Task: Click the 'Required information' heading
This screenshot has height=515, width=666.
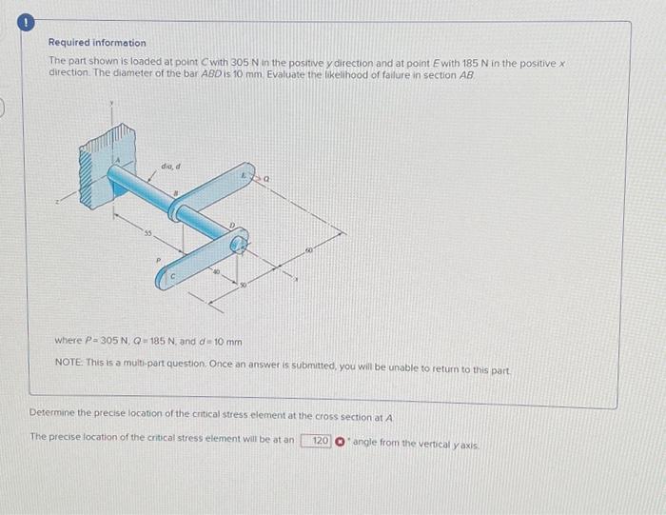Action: [x=98, y=43]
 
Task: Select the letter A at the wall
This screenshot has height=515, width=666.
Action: [x=118, y=159]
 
